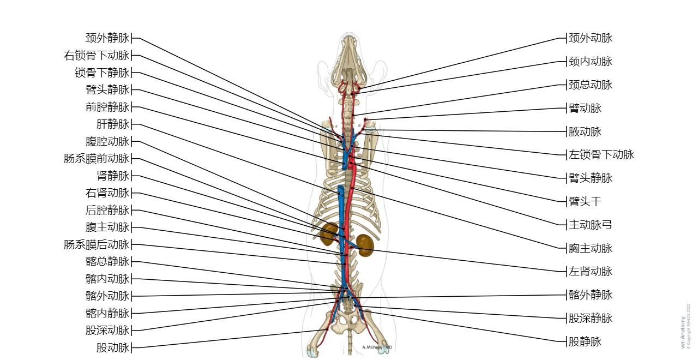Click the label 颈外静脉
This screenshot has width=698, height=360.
[107, 38]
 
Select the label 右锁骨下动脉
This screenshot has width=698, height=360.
[97, 56]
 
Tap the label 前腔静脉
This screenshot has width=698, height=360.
[107, 107]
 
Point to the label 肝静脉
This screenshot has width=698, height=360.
[113, 124]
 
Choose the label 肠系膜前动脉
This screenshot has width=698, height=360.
[97, 159]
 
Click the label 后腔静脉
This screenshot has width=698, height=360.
[107, 210]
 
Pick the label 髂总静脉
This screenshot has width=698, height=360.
[107, 262]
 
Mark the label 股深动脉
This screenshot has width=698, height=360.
[107, 330]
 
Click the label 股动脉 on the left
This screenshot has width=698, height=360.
[113, 347]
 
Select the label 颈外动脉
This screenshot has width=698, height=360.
[591, 38]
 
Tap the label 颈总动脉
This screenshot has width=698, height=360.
[591, 85]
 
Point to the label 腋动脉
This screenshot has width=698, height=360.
[585, 131]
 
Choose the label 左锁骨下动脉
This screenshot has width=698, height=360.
[601, 155]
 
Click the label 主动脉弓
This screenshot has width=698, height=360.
[591, 225]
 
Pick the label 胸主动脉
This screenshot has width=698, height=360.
[591, 248]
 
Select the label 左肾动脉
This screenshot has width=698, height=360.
[591, 271]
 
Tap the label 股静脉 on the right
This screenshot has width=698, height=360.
[585, 342]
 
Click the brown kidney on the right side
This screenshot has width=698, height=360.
[365, 245]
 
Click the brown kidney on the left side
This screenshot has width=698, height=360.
[329, 233]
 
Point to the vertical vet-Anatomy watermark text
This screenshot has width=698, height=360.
[683, 332]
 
